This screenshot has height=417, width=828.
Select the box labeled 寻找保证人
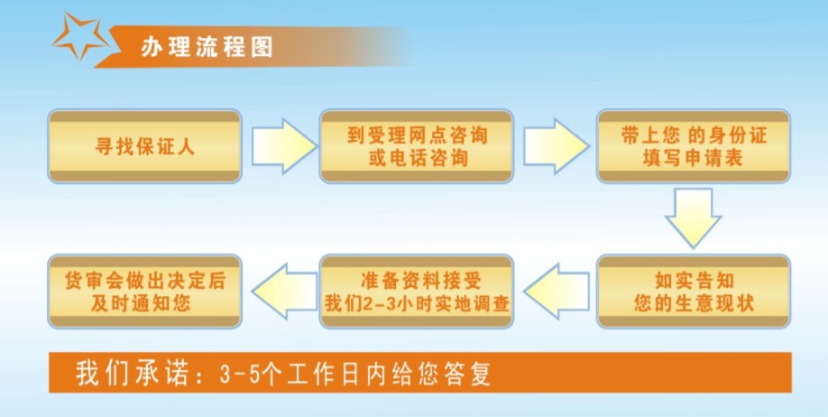tap(144, 147)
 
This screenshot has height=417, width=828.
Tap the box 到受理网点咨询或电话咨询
tap(417, 147)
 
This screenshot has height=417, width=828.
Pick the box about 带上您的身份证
tap(693, 147)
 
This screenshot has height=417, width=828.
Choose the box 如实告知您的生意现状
tap(693, 291)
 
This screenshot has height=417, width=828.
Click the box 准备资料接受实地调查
tap(417, 291)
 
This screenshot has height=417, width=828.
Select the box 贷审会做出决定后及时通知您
tap(144, 291)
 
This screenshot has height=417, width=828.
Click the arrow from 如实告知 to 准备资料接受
tap(554, 291)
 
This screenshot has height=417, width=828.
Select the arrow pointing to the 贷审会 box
tap(281, 291)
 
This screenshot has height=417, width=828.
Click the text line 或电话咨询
tap(416, 159)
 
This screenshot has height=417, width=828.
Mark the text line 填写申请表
tap(694, 159)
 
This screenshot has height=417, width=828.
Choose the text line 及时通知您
tap(145, 303)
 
